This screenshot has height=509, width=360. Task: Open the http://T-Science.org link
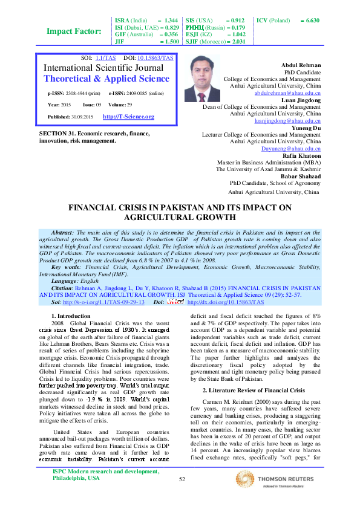click(128, 117)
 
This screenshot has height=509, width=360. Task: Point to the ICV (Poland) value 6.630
click(313, 21)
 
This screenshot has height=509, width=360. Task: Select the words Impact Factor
click(74, 31)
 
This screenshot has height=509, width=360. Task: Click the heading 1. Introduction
click(71, 316)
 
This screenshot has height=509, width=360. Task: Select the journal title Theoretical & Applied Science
click(106, 79)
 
